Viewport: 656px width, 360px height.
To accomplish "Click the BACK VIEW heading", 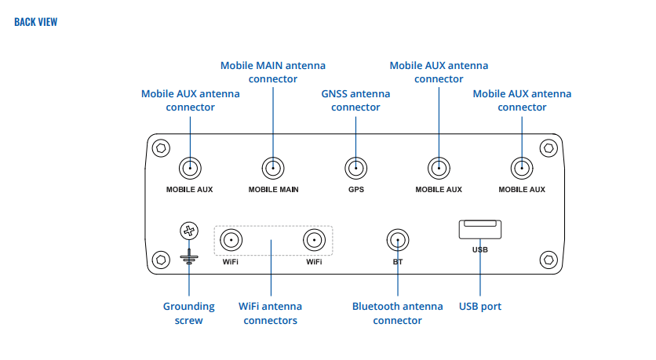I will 35,22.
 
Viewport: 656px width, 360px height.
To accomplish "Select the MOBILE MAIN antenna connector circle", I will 273,167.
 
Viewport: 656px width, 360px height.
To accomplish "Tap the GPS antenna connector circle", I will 356,167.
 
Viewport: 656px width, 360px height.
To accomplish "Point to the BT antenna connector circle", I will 398,240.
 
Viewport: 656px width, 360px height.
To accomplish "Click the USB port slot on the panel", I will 479,228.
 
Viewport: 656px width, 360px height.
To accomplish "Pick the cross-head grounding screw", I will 189,231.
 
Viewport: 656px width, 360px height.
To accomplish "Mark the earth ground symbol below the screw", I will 189,255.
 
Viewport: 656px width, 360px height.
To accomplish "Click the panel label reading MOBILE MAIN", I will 273,190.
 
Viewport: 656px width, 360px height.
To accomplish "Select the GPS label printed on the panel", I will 356,190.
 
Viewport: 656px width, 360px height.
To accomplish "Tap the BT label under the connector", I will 398,262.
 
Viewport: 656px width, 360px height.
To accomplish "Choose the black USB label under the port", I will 479,250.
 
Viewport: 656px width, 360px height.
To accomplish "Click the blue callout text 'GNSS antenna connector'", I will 355,100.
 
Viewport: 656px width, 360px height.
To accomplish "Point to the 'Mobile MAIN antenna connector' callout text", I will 272,72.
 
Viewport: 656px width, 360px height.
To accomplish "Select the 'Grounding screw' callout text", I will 188,313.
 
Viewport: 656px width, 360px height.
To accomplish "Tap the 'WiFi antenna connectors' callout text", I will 270,313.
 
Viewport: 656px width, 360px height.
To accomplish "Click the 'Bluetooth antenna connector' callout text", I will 397,313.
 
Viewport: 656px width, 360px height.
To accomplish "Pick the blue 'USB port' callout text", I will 479,306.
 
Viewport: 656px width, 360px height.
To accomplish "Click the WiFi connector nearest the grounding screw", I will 231,240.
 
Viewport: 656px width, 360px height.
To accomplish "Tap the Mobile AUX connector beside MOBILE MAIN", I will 190,167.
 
